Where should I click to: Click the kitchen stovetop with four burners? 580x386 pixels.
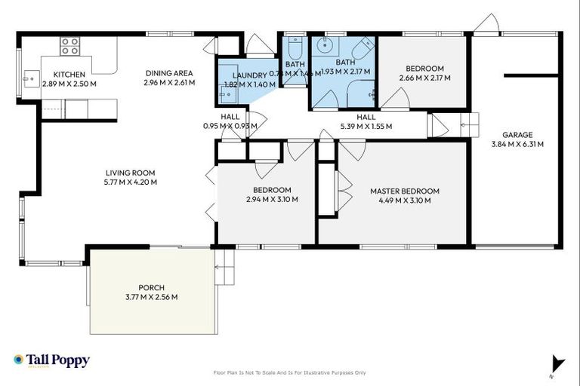coord(70,47)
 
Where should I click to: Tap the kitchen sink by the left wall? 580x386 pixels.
coord(31,76)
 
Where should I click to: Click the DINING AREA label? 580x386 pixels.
coord(170,73)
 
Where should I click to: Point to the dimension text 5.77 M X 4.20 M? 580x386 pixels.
coord(130,182)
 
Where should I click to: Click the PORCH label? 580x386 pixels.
coord(152,287)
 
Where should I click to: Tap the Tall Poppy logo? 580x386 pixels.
coord(51,360)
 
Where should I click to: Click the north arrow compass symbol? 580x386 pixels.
coord(557,364)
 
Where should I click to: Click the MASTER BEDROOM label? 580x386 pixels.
coord(404,191)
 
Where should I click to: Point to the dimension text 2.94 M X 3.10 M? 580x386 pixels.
coord(272,200)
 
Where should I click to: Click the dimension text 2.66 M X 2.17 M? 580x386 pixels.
coord(424,78)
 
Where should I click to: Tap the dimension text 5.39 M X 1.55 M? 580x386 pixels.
coord(366,126)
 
